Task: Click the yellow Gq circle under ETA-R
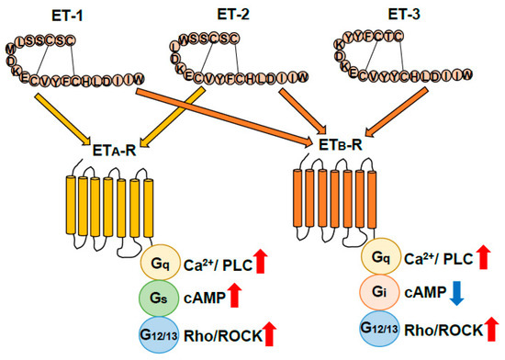162,264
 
